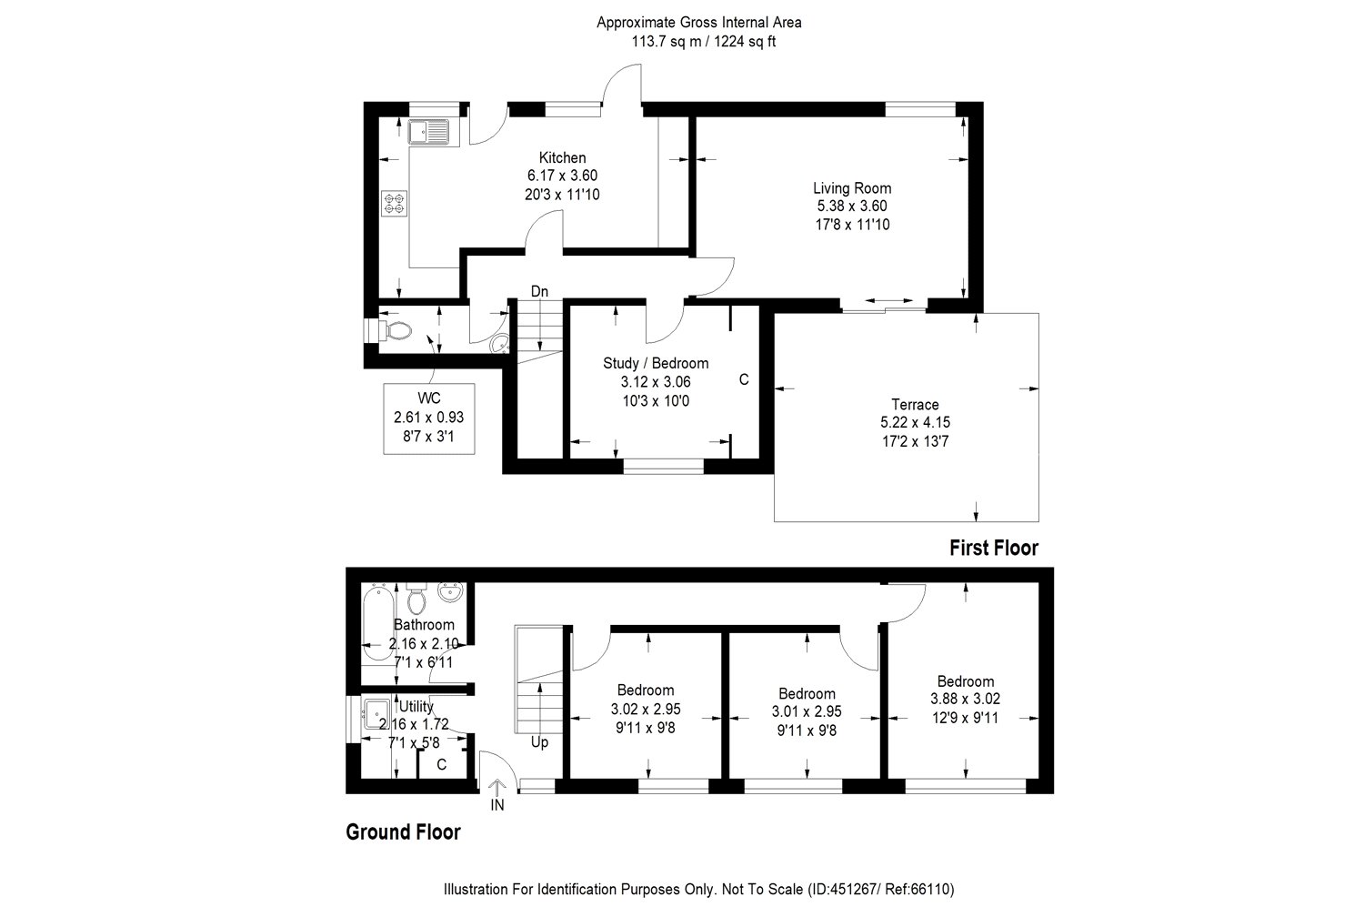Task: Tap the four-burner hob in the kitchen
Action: pos(395,204)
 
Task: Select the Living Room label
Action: pos(851,188)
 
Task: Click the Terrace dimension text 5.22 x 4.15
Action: pos(915,422)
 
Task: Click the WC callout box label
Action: pos(428,398)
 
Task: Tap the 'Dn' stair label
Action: pos(539,291)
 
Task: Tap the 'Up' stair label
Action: pos(539,742)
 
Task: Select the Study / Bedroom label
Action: pos(655,363)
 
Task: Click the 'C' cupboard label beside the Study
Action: pos(743,379)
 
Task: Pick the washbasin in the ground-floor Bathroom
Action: pos(449,593)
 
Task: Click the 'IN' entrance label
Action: pos(497,804)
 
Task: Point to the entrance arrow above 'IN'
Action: pos(497,787)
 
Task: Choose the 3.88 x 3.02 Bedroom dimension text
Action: pos(965,699)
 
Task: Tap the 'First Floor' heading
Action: pos(993,548)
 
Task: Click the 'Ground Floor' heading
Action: pos(403,831)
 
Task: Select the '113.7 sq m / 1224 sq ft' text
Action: pos(698,41)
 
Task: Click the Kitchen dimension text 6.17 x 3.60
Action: pos(562,176)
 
